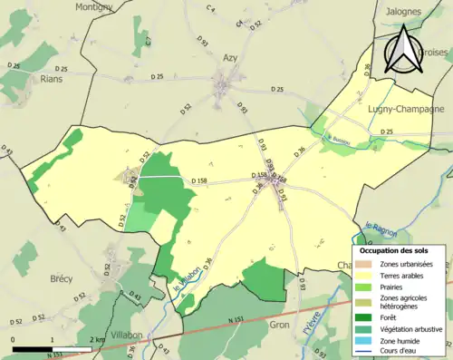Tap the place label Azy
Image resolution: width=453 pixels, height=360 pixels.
click(230, 57)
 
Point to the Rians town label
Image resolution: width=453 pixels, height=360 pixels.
click(53, 79)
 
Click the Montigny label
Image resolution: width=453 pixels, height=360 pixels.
click(94, 7)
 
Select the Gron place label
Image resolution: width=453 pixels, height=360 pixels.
click(282, 322)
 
